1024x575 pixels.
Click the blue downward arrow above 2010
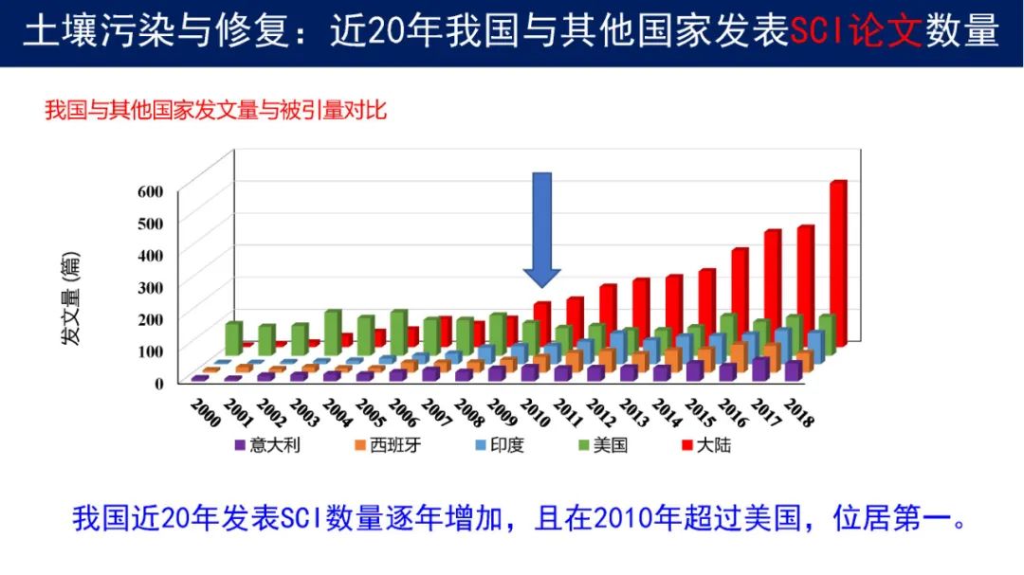(x=541, y=227)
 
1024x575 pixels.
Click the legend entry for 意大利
(x=267, y=444)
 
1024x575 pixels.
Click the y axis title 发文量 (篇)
(x=71, y=298)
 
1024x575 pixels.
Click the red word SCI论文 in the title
(x=855, y=32)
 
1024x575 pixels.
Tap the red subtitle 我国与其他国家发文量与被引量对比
(x=215, y=110)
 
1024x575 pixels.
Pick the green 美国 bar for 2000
(x=233, y=338)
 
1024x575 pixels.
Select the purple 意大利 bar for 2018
(x=793, y=370)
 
